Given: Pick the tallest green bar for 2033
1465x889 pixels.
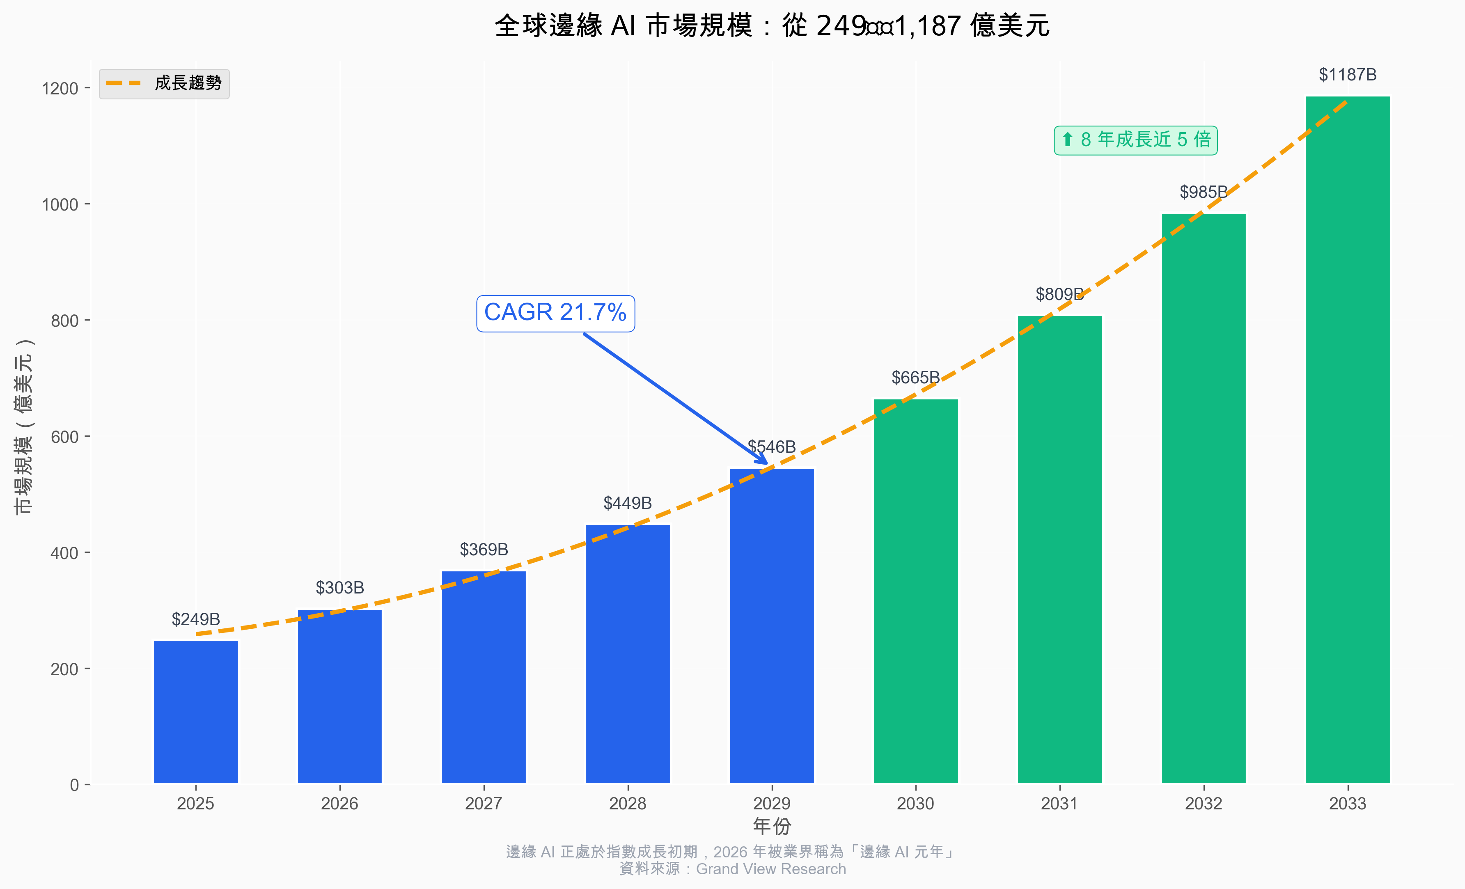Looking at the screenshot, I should [x=1347, y=440].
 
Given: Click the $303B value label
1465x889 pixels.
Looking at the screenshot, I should [x=339, y=587].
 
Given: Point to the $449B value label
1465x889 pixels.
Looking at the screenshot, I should [x=627, y=503].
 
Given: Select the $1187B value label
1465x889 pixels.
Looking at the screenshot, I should [x=1347, y=75].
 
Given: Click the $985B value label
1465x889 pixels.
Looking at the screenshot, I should [x=1204, y=192].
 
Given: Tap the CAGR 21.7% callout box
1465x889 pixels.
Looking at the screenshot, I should [x=555, y=313].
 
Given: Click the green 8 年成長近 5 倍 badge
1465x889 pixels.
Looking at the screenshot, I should [x=1136, y=140].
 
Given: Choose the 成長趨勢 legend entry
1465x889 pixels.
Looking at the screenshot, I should [x=164, y=83].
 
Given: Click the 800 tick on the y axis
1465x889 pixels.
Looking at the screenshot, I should [x=64, y=321].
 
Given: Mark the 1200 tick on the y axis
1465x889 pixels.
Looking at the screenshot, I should [x=60, y=89].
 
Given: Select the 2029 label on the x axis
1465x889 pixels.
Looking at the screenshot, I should [x=771, y=804].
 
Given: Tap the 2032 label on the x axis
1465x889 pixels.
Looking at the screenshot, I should [x=1204, y=804].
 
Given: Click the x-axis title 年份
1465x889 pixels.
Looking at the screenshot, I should [x=771, y=826].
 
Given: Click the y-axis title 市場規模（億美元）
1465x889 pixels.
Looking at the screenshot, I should [x=24, y=426].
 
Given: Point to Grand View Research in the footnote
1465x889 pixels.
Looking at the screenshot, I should [x=770, y=869].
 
